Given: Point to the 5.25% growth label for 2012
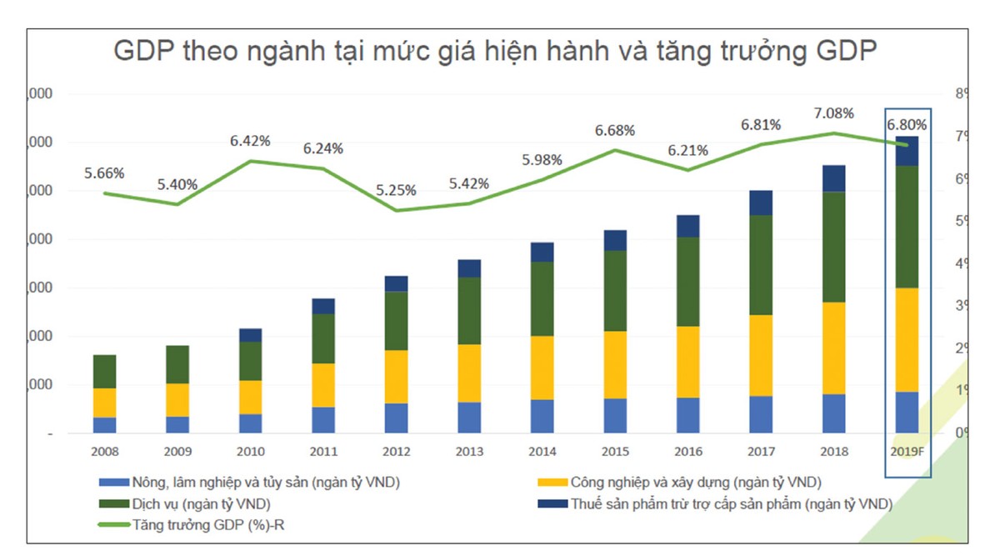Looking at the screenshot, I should tap(396, 190).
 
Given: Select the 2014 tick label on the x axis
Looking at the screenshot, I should tap(542, 452).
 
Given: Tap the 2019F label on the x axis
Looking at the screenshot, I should tap(907, 452).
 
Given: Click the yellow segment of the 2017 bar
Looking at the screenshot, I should tap(761, 355).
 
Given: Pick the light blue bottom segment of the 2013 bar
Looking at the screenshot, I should tap(469, 418).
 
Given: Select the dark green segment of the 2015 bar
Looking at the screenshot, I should tap(615, 290).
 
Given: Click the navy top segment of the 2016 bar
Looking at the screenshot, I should tap(687, 226).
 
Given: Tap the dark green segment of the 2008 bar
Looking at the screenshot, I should tap(104, 371).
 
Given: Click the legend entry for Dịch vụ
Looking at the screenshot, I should tap(200, 503).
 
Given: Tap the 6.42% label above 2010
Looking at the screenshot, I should tap(250, 141).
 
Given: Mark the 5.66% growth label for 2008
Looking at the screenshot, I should tap(104, 173).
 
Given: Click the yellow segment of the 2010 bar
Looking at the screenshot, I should tap(250, 397).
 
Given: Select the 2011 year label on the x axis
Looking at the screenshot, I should tap(323, 452).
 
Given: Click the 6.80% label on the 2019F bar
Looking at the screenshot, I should tap(907, 125).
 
